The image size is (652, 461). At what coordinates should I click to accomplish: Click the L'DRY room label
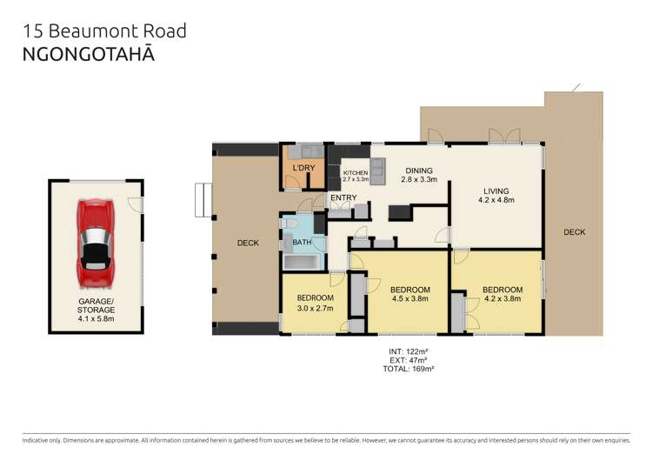303,166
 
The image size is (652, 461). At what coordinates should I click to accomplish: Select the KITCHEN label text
356,173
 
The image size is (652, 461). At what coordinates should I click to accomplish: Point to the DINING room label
418,170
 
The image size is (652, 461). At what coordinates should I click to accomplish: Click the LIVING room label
496,191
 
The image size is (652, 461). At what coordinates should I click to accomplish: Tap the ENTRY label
343,198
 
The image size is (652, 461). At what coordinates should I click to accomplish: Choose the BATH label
302,243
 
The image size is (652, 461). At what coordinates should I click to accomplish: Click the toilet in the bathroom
289,224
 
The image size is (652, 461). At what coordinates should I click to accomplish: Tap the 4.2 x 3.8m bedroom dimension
502,299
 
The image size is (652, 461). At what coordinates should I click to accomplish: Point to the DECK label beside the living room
574,232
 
